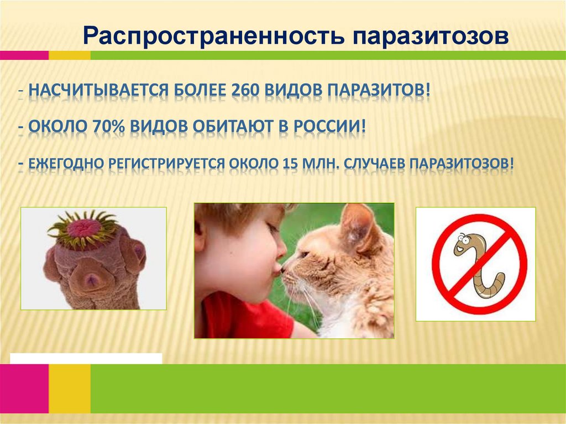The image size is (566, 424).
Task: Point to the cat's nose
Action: (283, 269)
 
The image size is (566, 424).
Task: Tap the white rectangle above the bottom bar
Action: (86, 358)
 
